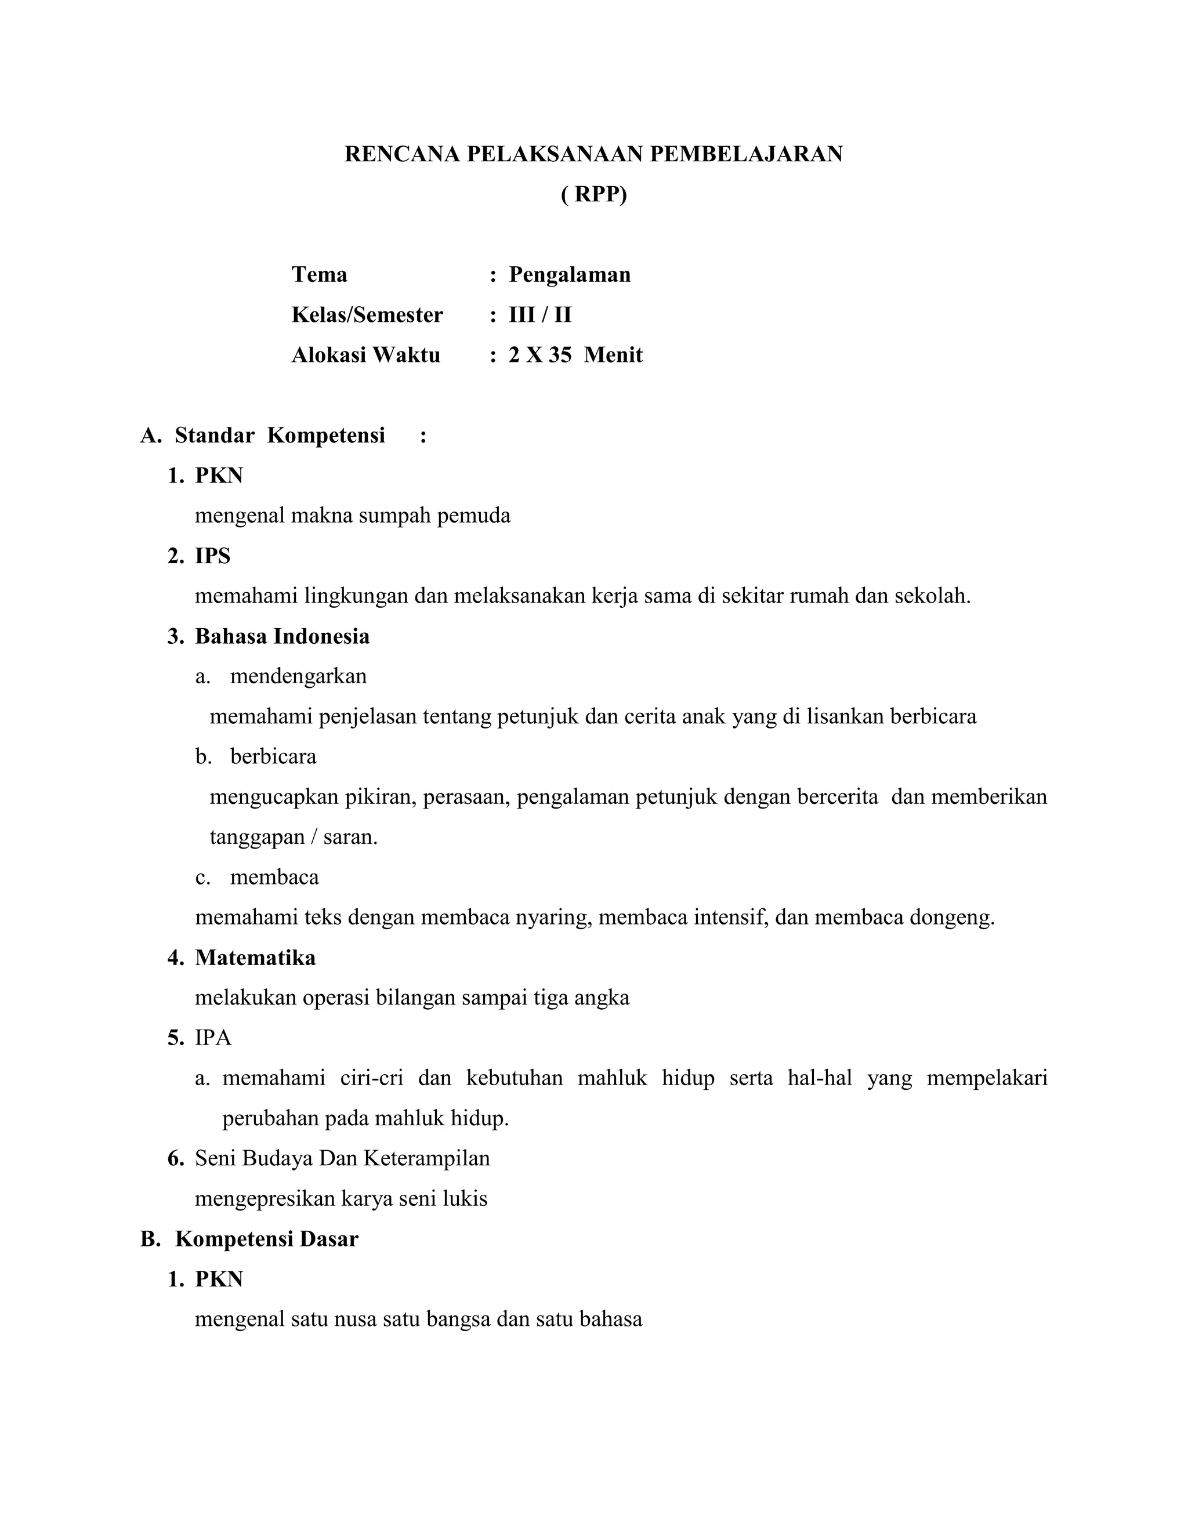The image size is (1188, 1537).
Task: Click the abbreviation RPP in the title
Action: pyautogui.click(x=594, y=194)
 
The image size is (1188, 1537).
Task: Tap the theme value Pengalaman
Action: pyautogui.click(x=570, y=274)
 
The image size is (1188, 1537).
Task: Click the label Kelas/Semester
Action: pyautogui.click(x=367, y=314)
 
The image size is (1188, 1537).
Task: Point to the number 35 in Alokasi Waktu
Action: pyautogui.click(x=560, y=355)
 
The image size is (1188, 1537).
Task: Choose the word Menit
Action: pyautogui.click(x=613, y=355)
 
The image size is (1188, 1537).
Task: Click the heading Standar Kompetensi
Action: pyautogui.click(x=280, y=436)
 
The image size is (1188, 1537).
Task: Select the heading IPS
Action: pyautogui.click(x=212, y=556)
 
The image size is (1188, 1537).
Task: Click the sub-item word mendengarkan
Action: pyautogui.click(x=298, y=676)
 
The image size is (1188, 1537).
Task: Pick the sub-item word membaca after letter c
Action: pyautogui.click(x=274, y=878)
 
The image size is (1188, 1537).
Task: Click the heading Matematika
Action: pyautogui.click(x=255, y=958)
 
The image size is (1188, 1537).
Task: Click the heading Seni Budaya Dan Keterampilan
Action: pyautogui.click(x=342, y=1158)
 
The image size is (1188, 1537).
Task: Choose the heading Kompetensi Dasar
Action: pyautogui.click(x=267, y=1239)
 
